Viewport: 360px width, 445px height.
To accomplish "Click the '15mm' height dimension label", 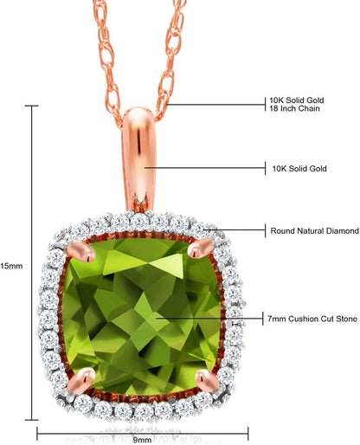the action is coord(11,266).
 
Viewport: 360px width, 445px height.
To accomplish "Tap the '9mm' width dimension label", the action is coord(142,440).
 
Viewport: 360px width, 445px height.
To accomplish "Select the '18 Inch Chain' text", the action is coord(294,109).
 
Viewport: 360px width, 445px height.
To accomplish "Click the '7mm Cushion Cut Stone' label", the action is coord(312,319).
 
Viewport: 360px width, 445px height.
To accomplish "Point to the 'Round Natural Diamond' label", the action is coord(315,231).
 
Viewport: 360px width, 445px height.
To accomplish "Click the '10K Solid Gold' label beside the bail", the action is coord(299,169).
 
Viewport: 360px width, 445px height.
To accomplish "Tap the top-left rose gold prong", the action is coord(80,252).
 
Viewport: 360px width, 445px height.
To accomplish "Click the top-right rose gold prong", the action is coord(201,248).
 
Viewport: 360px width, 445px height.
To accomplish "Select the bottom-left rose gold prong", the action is coord(80,381).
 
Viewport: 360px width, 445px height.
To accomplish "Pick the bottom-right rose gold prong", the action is coord(208,381).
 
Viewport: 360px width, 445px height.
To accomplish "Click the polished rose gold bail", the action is coord(138,158).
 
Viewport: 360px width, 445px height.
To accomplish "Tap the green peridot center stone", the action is coord(142,316).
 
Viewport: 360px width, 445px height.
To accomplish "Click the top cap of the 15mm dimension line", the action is coord(31,106).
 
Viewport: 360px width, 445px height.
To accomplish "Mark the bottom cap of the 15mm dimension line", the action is coord(31,420).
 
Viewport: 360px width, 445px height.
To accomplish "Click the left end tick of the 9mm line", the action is coord(37,434).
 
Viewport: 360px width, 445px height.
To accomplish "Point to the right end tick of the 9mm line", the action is coord(248,434).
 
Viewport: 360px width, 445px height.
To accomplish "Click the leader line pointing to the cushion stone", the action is coord(209,319).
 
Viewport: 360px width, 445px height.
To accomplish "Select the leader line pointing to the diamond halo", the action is coord(235,230).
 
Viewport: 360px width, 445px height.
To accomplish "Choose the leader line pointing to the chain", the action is coord(216,105).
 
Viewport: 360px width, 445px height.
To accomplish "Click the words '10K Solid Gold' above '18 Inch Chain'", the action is coord(297,100).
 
